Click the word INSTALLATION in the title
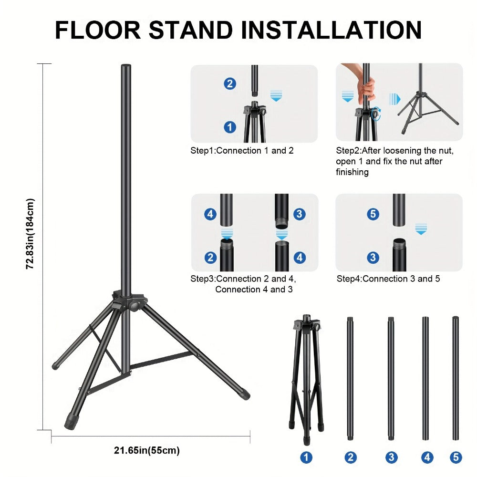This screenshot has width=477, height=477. click(332, 30)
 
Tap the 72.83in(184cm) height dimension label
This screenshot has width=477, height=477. click(30, 234)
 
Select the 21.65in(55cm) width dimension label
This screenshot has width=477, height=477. click(146, 450)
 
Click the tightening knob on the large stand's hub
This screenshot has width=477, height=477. click(134, 305)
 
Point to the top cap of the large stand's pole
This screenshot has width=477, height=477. click(126, 66)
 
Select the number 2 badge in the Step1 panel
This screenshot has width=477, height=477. click(230, 83)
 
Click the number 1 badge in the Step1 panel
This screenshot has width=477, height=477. click(230, 127)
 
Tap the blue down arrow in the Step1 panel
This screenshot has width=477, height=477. click(276, 96)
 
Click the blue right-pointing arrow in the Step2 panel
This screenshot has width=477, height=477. click(394, 99)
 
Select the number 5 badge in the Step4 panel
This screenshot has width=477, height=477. click(373, 214)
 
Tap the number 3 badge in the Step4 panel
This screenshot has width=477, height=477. click(373, 258)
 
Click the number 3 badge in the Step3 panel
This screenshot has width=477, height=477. click(300, 214)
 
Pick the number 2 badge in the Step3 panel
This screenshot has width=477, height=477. click(210, 258)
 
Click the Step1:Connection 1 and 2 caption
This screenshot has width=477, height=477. click(242, 151)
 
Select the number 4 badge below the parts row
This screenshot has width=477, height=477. click(427, 457)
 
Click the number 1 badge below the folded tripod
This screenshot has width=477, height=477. click(306, 457)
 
